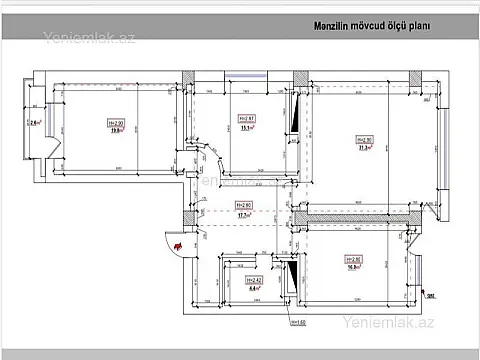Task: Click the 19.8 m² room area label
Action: click(x=115, y=128)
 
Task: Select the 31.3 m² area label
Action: click(x=367, y=147)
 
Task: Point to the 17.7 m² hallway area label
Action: click(x=241, y=213)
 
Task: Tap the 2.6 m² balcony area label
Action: click(x=36, y=123)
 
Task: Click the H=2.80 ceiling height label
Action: click(x=241, y=205)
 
